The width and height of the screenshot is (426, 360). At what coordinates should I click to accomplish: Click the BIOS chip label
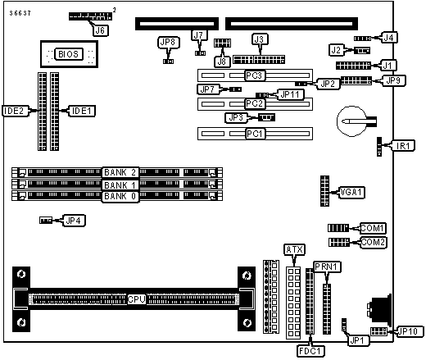69,54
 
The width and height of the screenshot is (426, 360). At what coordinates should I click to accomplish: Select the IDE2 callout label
14,111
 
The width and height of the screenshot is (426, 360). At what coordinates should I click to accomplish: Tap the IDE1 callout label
81,111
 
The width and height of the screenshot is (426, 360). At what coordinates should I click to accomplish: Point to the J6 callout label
100,30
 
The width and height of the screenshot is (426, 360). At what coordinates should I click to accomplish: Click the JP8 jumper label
168,43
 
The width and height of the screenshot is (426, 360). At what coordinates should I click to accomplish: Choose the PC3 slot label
255,75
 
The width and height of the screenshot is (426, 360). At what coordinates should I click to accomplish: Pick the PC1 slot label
255,134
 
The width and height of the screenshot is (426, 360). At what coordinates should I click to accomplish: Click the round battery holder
352,121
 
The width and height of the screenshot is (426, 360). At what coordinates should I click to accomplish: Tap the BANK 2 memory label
120,172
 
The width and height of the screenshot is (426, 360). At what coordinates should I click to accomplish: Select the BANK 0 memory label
120,196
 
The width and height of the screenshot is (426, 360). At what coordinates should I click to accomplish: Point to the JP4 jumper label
74,221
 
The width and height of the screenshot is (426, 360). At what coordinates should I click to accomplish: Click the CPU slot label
137,299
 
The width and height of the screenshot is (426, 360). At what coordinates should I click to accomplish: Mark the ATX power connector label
294,249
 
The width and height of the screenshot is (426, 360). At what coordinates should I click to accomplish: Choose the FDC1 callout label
310,351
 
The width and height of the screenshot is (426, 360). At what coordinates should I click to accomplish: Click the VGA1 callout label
351,192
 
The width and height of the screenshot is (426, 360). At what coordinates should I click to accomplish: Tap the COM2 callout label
373,242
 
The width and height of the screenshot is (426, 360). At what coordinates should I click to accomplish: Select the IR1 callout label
403,146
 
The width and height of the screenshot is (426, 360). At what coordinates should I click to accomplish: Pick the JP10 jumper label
408,331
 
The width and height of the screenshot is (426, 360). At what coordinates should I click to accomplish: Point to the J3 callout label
260,39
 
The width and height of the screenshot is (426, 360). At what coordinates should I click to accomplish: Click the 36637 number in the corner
20,13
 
